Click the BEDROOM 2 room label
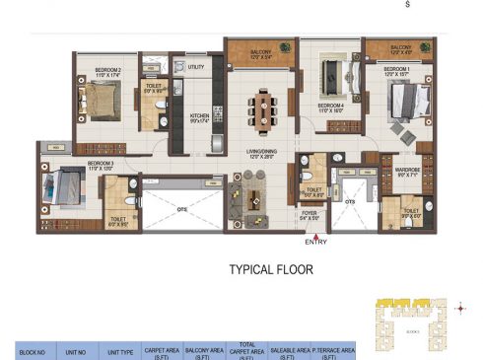107,71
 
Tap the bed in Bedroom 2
100,100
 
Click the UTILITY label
196,67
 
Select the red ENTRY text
316,242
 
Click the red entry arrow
315,232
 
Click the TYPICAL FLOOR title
271,268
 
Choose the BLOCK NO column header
27,349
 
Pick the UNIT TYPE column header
120,349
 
